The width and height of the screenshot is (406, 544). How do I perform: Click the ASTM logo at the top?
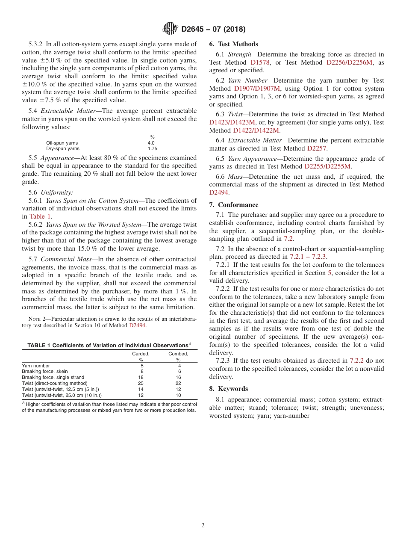pos(170,29)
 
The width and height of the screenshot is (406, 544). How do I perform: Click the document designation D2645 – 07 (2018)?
pos(213,30)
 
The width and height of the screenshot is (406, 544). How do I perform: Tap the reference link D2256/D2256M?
pos(349,62)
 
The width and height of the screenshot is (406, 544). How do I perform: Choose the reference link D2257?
pos(316,148)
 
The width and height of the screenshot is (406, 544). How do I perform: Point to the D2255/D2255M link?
pos(327,166)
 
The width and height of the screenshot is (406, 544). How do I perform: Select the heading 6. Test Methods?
pos(233,44)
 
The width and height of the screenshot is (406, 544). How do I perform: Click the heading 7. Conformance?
pos(233,205)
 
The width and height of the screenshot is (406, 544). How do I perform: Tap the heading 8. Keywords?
pos(228,389)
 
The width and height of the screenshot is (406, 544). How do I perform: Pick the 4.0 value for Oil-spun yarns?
pos(151,143)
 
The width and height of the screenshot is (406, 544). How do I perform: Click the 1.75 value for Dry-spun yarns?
pos(152,149)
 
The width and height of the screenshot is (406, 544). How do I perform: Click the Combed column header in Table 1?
pos(178,354)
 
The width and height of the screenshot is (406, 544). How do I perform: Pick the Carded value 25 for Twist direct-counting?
pos(141,383)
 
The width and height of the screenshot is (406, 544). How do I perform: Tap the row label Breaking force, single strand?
pos(51,377)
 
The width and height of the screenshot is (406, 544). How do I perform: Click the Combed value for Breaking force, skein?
pos(179,372)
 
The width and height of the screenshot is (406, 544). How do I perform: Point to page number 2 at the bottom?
pos(203,526)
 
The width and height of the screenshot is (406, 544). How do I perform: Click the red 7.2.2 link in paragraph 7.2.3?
pos(356,361)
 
